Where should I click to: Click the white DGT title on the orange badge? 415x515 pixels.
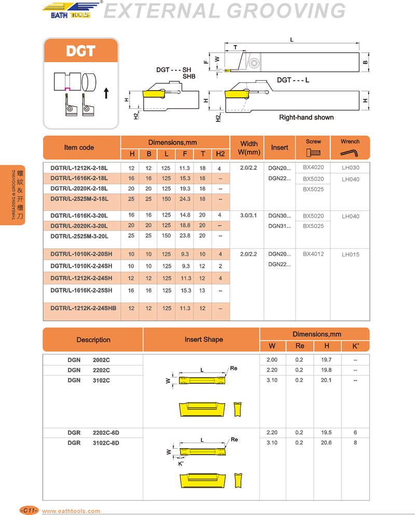(x=80, y=51)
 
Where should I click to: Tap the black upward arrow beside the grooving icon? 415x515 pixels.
(x=106, y=93)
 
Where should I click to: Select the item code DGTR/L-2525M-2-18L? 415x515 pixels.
(x=79, y=199)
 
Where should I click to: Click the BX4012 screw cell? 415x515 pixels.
(x=313, y=254)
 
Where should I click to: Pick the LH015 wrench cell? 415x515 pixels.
(x=350, y=254)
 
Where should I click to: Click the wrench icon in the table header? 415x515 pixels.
(x=350, y=152)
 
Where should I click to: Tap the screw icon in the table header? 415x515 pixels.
(x=313, y=152)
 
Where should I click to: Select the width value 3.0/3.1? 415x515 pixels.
(x=249, y=216)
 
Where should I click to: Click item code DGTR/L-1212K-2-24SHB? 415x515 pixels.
(x=83, y=308)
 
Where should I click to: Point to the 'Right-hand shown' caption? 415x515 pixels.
(x=307, y=118)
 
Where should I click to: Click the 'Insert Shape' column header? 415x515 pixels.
(x=203, y=340)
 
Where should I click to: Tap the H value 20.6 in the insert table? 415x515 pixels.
(x=327, y=443)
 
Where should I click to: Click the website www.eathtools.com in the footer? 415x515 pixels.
(x=71, y=510)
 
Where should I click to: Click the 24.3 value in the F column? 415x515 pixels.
(x=185, y=199)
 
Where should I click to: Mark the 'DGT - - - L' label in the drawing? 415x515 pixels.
(x=293, y=80)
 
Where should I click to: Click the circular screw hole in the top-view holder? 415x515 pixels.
(x=254, y=64)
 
